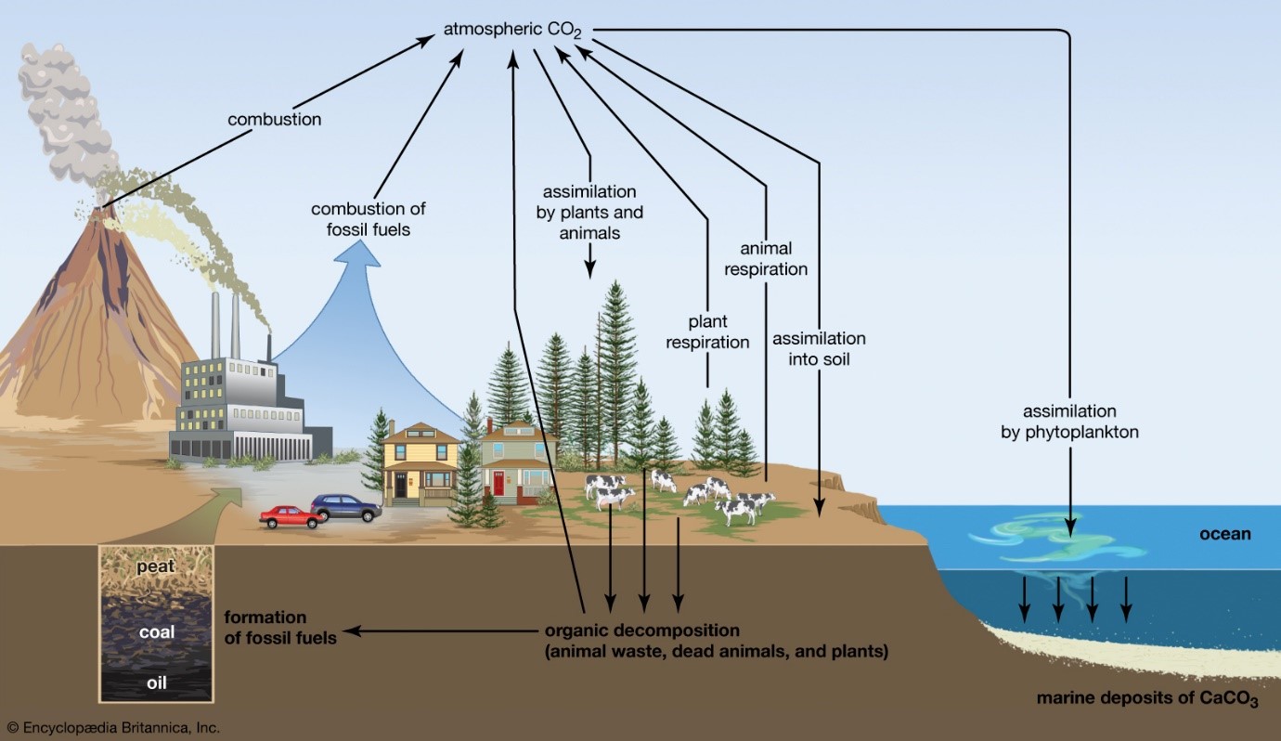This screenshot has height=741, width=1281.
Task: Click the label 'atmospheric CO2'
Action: click(512, 31)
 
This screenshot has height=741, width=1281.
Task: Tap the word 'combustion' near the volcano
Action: click(275, 119)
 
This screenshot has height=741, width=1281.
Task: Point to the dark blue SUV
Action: click(345, 507)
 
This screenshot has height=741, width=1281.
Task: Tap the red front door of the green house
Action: click(498, 484)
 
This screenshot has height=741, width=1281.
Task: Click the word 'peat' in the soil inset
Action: click(156, 565)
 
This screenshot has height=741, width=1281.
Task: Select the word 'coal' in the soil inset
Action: click(156, 632)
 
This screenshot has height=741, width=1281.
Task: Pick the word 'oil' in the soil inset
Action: click(156, 684)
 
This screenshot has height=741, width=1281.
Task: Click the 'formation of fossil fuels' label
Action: click(278, 627)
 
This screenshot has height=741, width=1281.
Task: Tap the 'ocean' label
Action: click(1225, 534)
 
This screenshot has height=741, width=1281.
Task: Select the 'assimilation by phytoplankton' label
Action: click(1069, 421)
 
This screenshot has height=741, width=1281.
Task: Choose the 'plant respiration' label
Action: click(706, 332)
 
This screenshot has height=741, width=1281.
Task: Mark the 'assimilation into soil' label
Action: click(819, 348)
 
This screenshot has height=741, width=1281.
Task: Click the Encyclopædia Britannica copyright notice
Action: click(112, 728)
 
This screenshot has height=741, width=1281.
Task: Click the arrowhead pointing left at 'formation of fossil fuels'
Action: click(354, 632)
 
